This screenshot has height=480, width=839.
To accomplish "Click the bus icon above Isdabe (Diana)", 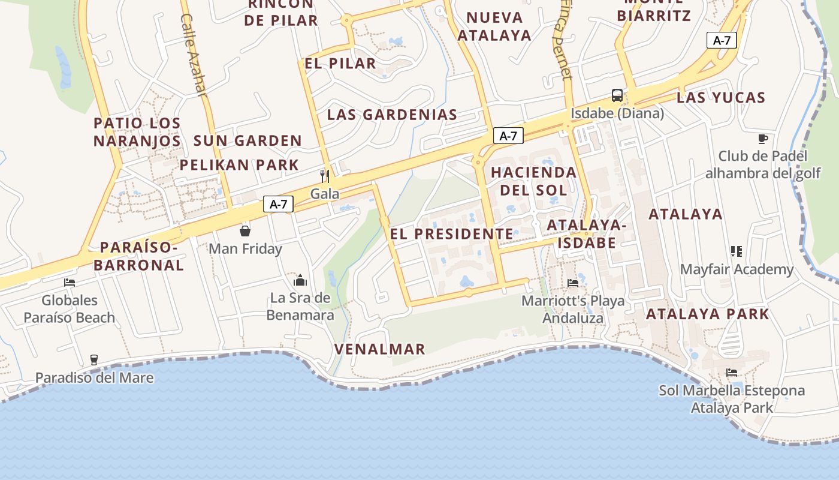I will click(617, 95).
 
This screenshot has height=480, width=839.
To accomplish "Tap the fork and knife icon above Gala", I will click(325, 176).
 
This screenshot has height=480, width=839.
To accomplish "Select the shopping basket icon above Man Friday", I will click(245, 231).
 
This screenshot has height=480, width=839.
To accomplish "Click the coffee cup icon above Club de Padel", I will click(762, 139).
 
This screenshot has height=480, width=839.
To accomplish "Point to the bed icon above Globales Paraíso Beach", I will click(70, 283).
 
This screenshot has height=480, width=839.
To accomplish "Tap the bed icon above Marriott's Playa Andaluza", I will click(573, 283).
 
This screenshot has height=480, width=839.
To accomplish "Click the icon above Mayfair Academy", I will click(737, 251).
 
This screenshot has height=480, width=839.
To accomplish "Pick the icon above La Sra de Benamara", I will click(300, 280).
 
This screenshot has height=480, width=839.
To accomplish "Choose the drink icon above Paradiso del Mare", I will click(94, 360).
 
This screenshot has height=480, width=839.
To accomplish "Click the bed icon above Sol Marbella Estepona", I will click(732, 373).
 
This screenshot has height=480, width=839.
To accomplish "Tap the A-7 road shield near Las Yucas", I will click(722, 40).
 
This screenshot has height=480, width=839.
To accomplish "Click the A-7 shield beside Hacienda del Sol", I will click(508, 136).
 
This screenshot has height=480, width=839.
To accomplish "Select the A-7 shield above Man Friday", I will click(279, 204).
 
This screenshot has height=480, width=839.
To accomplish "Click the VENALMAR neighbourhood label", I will click(380, 349).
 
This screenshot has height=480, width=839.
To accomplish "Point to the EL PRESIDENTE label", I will click(452, 234).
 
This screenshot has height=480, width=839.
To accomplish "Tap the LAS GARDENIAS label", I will click(392, 115).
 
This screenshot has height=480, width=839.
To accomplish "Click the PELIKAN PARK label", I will click(239, 165).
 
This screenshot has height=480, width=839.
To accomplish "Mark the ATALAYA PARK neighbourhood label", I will click(707, 314).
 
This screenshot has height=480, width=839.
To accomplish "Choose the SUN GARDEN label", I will click(248, 141).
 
